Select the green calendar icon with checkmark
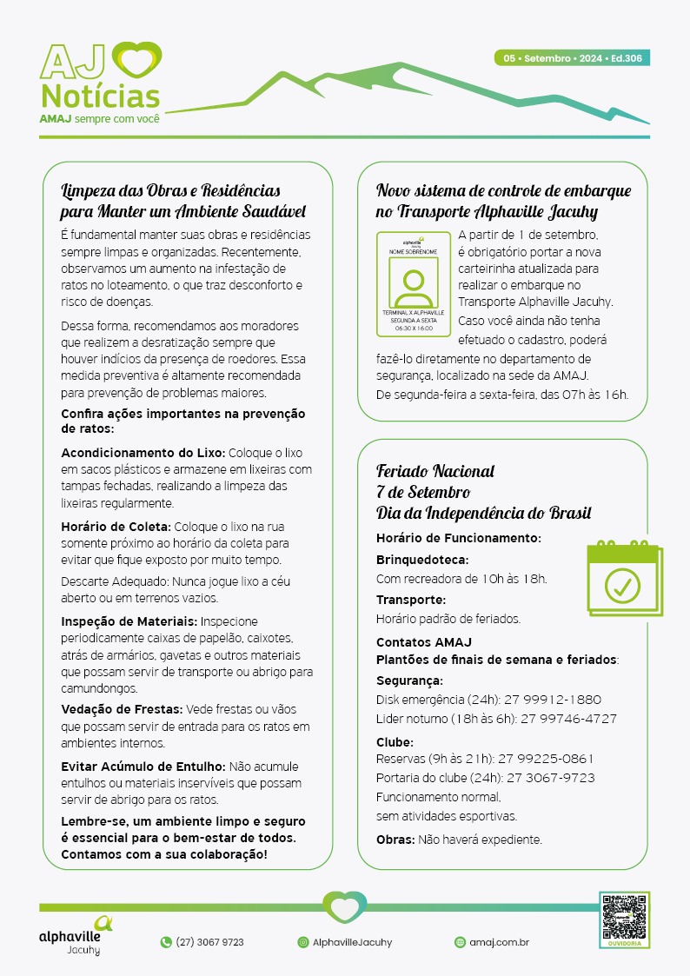point(623,579)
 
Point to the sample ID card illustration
point(414,283)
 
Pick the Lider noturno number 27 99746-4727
point(568,719)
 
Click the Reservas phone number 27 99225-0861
point(545,759)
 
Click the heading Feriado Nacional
point(435,471)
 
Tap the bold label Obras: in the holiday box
point(395,840)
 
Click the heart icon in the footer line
point(345,907)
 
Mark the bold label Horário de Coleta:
point(116,527)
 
